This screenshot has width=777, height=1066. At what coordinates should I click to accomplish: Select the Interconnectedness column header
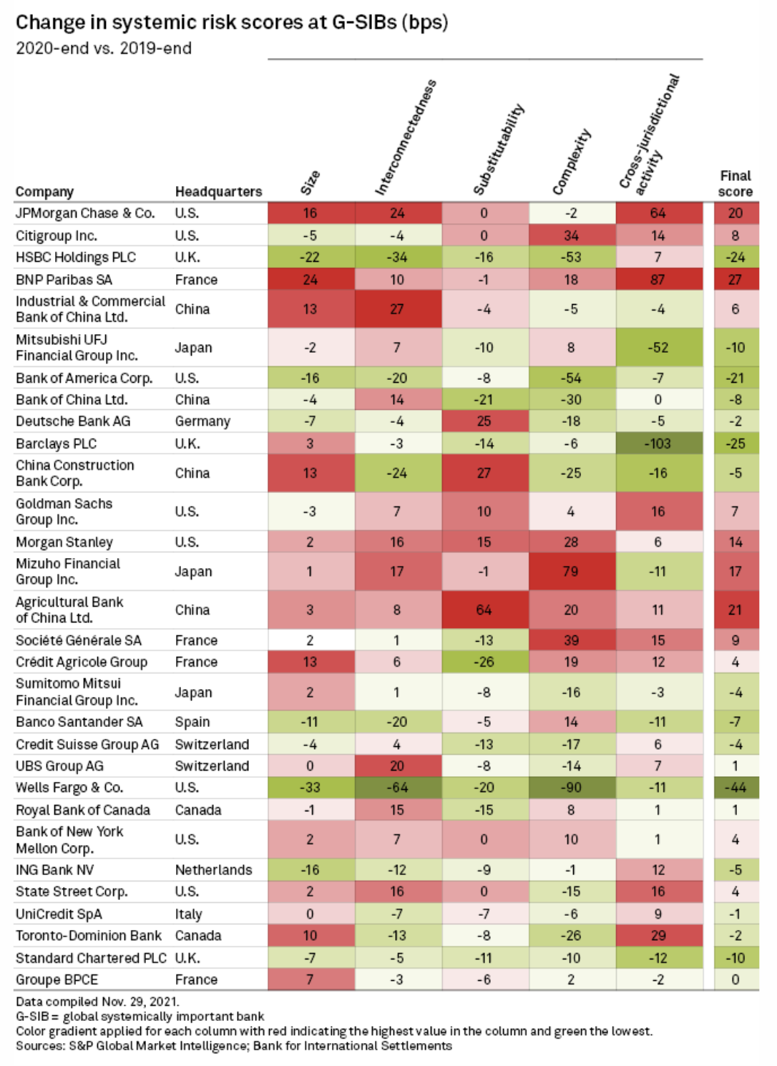[405, 138]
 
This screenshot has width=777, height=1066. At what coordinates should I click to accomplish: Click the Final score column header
[735, 183]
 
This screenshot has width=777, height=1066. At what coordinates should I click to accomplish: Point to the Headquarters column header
[218, 192]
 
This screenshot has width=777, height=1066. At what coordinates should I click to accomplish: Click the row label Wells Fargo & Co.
[69, 788]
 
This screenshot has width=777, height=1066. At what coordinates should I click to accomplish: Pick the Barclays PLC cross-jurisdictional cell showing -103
[658, 444]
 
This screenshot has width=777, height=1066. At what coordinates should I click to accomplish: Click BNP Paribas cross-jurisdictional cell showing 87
[658, 280]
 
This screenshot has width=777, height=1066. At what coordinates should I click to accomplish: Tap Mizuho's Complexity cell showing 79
[571, 572]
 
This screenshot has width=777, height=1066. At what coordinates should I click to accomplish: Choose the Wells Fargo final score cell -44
[735, 788]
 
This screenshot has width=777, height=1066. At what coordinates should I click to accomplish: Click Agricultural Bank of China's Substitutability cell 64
[484, 610]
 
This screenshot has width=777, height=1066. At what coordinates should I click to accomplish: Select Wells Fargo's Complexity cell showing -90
[571, 788]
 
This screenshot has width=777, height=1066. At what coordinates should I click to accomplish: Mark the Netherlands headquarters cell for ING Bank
[213, 870]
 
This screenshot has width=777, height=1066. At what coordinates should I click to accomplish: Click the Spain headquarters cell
[192, 722]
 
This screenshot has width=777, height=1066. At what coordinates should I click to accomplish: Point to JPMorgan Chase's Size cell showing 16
[310, 213]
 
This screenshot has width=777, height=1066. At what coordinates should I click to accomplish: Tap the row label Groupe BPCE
[57, 979]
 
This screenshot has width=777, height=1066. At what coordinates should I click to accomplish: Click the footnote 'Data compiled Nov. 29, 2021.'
[97, 1002]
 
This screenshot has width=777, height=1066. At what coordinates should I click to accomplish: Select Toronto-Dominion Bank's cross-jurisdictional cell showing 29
[658, 936]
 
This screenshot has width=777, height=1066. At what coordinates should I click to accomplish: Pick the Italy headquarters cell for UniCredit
[188, 914]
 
